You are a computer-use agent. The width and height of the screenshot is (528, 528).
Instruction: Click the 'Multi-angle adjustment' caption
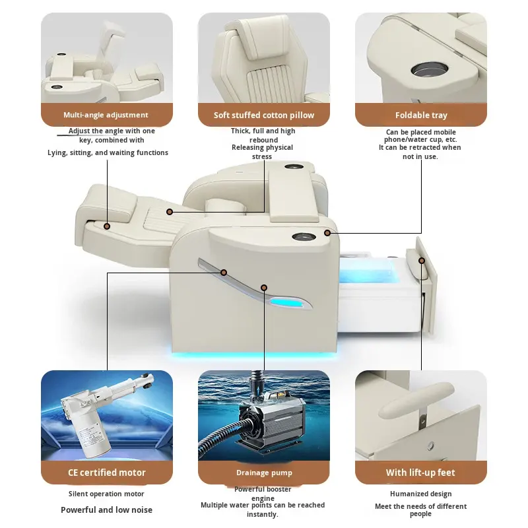[106, 115]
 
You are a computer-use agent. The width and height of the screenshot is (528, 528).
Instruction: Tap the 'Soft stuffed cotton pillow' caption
[264, 115]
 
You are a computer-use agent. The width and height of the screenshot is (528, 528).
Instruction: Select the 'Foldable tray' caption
[421, 115]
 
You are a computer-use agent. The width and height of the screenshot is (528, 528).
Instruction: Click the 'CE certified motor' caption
[106, 473]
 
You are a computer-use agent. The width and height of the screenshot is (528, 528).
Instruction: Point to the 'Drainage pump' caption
[264, 473]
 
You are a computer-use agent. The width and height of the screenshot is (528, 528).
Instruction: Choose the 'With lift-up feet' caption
[420, 473]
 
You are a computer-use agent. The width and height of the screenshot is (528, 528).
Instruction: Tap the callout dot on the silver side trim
[224, 272]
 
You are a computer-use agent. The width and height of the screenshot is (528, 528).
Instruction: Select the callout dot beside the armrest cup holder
[327, 233]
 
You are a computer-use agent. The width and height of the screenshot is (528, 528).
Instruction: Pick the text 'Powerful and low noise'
[106, 510]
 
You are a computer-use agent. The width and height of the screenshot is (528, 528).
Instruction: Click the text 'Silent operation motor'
[106, 494]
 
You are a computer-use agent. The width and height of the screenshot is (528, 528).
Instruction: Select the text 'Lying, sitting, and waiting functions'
[108, 152]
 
